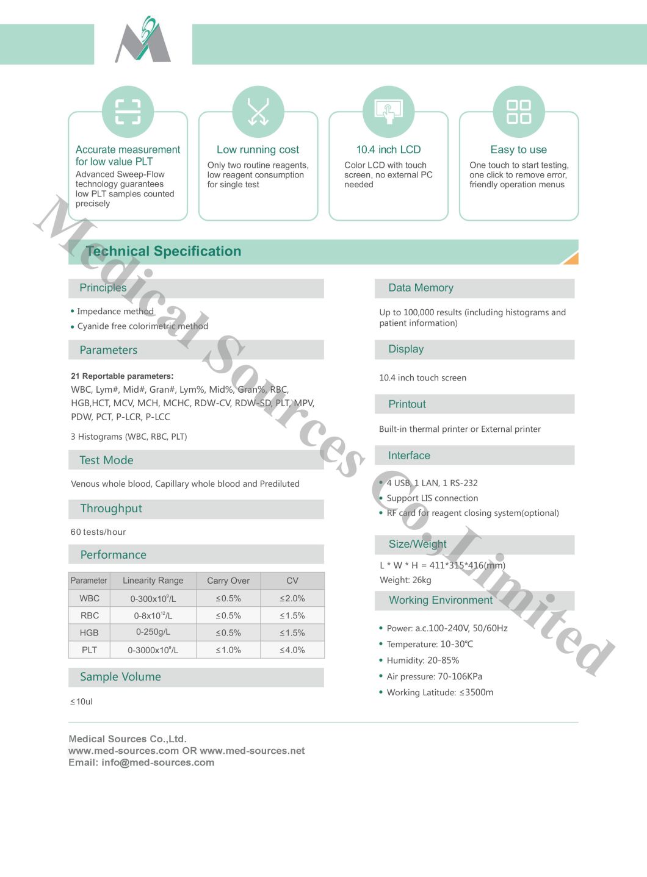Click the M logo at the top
(143, 41)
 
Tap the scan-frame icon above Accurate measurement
(128, 112)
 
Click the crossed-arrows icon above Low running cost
(258, 112)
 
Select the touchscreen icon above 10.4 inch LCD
(388, 112)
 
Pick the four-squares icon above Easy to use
(519, 112)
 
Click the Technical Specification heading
(164, 251)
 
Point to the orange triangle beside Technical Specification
(571, 259)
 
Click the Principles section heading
(103, 288)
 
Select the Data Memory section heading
(421, 288)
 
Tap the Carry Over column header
(228, 581)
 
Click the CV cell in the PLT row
(292, 650)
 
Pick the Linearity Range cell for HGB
(153, 632)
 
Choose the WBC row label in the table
(89, 598)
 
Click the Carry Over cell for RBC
(228, 615)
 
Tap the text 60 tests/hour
(98, 532)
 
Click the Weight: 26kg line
(405, 580)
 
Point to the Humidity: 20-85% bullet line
(422, 660)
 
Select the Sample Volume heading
(120, 677)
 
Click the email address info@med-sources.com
(157, 762)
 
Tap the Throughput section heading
(111, 509)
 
